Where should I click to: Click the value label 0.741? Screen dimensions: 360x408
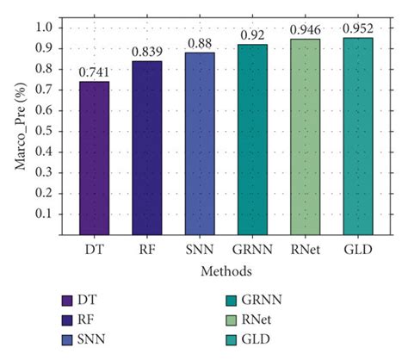94,72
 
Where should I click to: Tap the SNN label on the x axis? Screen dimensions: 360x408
199,251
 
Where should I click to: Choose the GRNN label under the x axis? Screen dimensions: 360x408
251,251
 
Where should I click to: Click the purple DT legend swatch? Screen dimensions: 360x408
66,301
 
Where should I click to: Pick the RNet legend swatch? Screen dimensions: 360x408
232,320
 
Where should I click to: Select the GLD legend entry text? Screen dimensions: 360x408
263,338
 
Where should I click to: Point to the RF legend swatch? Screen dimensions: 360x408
66,320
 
